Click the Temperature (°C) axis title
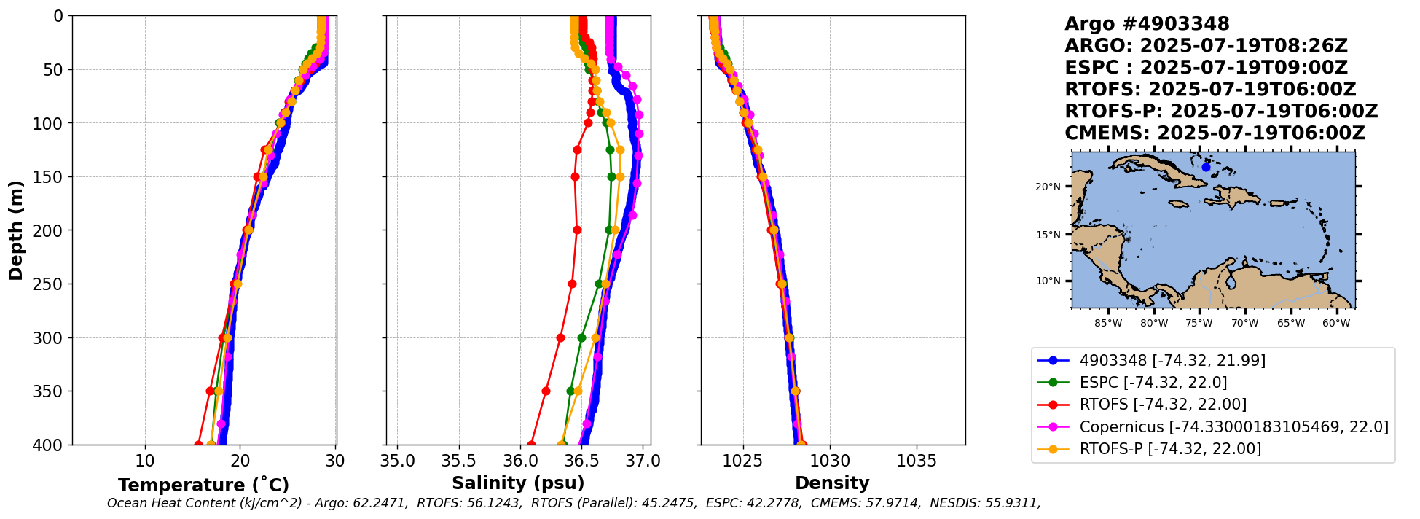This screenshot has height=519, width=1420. (203, 485)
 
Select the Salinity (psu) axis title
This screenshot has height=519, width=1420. (518, 483)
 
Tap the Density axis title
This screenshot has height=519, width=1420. (832, 483)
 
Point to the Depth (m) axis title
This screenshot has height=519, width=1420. (16, 230)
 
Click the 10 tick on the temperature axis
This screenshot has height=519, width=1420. (145, 461)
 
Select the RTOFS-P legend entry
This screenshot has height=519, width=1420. (1169, 448)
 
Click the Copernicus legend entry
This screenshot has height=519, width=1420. (1233, 426)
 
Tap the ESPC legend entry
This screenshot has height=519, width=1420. (1153, 383)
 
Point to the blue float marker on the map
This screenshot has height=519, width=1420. (1206, 167)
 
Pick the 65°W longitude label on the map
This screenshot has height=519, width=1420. (1290, 323)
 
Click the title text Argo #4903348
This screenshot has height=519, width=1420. (1147, 24)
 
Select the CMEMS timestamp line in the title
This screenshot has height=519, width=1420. (1215, 133)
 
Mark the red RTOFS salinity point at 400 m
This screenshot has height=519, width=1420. (531, 445)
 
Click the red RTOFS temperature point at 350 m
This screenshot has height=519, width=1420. (210, 391)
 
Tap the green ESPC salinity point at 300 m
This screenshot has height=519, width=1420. (581, 337)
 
